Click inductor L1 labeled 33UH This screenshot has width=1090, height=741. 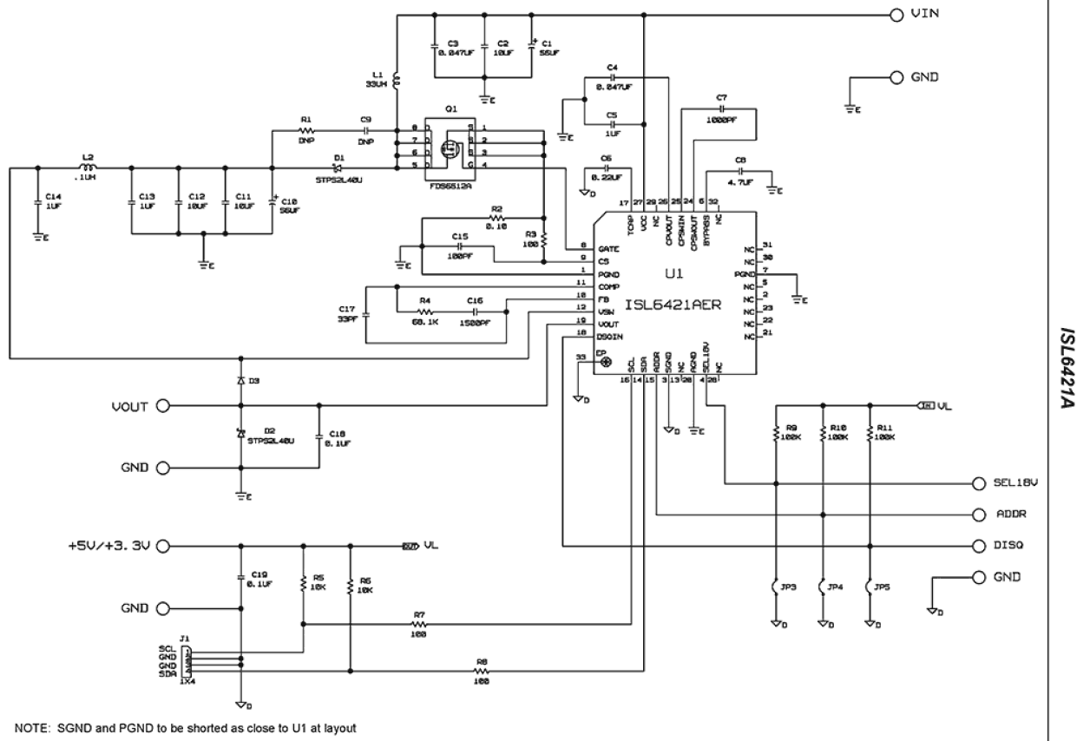pyautogui.click(x=397, y=82)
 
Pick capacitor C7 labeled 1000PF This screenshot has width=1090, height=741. pyautogui.click(x=721, y=108)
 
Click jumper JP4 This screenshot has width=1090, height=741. pyautogui.click(x=821, y=588)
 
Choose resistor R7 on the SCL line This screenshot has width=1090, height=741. pyautogui.click(x=419, y=623)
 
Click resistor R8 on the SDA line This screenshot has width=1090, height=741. pyautogui.click(x=483, y=671)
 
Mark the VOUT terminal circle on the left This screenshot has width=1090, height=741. pyautogui.click(x=161, y=405)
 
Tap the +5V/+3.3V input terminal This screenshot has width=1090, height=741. pyautogui.click(x=161, y=547)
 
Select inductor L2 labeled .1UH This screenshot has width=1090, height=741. pyautogui.click(x=88, y=167)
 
